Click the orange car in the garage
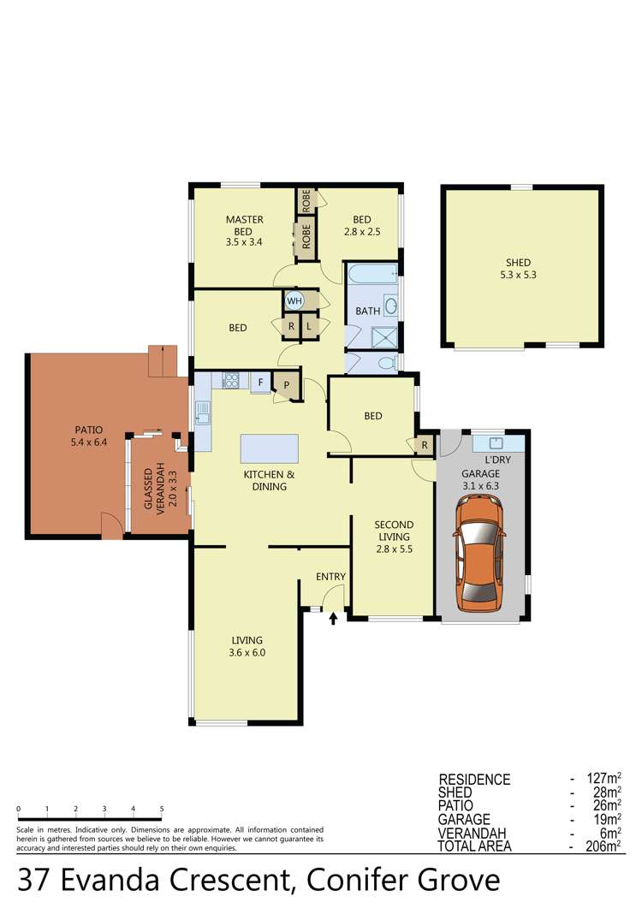479,552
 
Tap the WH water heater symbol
294,300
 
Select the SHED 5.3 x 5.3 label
517,269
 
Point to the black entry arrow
333,618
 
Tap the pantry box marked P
287,386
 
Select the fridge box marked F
259,383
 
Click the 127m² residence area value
605,780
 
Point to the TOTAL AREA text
475,846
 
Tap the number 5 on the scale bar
162,809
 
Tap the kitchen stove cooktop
229,382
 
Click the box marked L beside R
310,326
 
